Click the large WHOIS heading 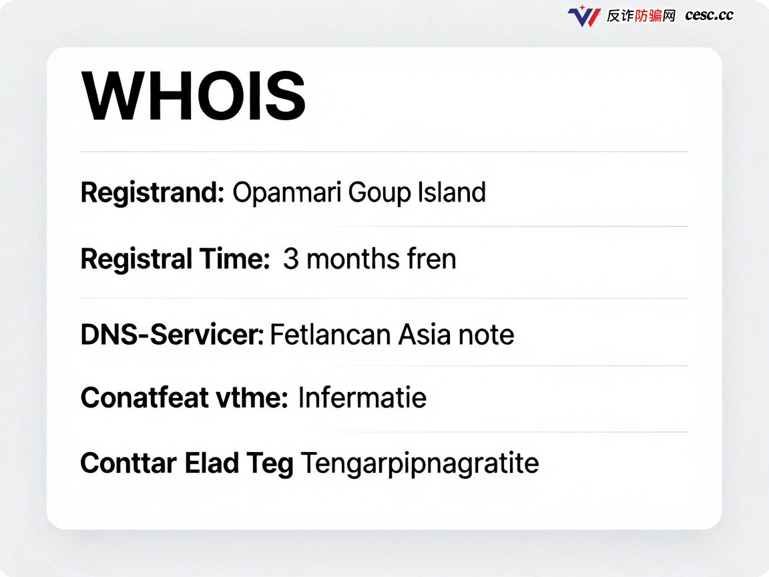coord(193,96)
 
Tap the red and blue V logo coord(584,16)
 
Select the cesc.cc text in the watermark coord(709,15)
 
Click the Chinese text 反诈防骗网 coord(641,16)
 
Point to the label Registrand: coord(152,193)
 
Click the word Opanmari coord(286,193)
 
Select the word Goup coord(380,193)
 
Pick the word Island coord(452,192)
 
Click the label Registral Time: coord(175,260)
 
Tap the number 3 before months coord(291,259)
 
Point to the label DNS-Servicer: coord(172,335)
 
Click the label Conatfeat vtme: coord(184,397)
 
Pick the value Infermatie coord(362,397)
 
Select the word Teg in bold coord(270,464)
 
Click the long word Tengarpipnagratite coord(420,464)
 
